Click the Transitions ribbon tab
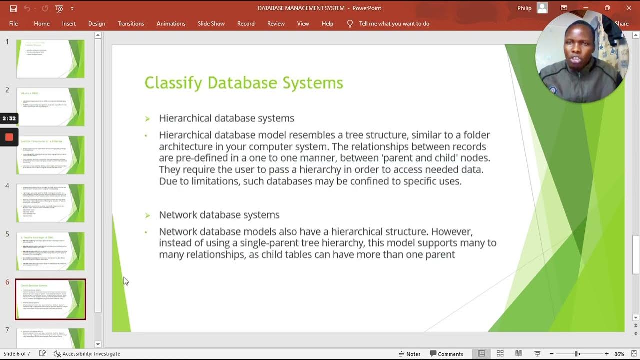tap(131, 23)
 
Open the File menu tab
tap(13, 23)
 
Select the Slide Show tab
tap(211, 23)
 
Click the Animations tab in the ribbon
tap(171, 23)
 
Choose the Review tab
tap(276, 23)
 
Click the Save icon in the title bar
tap(13, 8)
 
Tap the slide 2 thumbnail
tap(50, 107)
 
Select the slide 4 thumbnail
tap(50, 203)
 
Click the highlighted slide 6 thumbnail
tap(50, 299)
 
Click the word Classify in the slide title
tap(173, 83)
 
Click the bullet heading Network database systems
tap(219, 215)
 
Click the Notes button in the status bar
tap(409, 354)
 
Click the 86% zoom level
tap(619, 354)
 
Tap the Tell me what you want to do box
tap(394, 23)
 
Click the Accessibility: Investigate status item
tap(87, 354)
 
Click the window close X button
tap(629, 8)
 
